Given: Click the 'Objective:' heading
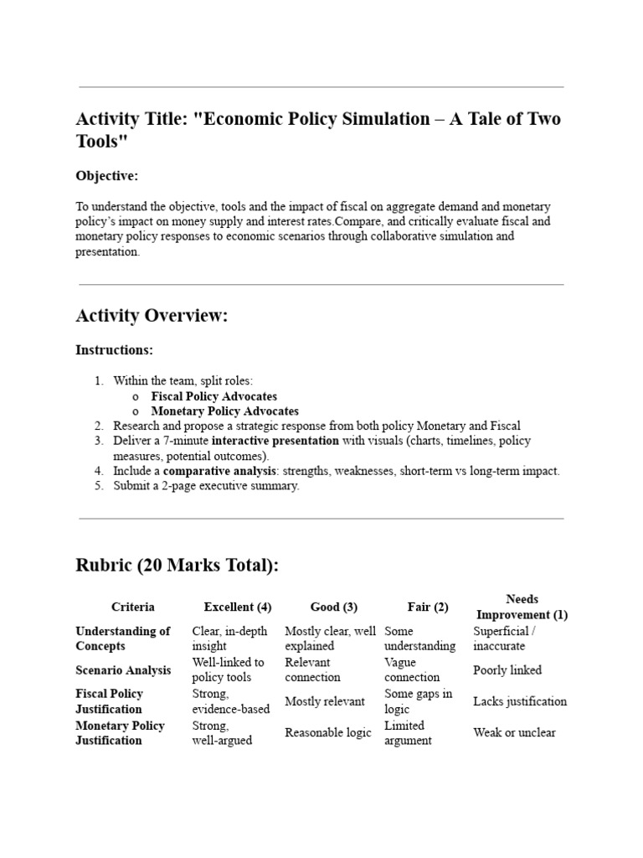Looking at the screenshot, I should point(106,176).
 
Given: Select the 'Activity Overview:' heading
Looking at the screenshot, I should point(152,316).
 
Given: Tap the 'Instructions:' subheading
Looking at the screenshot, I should point(114,350).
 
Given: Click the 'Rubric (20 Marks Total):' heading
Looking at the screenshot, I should point(177,566).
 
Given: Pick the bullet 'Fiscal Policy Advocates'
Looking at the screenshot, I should point(213,396).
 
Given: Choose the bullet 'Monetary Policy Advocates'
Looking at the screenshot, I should point(224,411).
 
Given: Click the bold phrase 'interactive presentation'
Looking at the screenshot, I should point(275,441).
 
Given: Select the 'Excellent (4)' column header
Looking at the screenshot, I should point(238,607).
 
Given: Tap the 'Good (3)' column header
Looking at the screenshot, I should point(334,607).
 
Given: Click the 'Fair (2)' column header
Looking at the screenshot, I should point(428,607).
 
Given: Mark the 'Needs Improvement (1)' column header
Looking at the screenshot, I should point(522,607).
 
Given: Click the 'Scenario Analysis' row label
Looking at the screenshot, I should point(123,670).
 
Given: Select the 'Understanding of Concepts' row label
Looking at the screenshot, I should point(122,638).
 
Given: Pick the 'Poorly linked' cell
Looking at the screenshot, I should point(507,670).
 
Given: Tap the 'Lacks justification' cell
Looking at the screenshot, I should point(520,701).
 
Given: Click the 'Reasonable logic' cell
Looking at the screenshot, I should point(328,733).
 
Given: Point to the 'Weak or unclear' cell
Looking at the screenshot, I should point(514,733).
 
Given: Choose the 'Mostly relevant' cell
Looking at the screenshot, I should point(325,701).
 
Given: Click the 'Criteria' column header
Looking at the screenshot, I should point(132,607).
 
